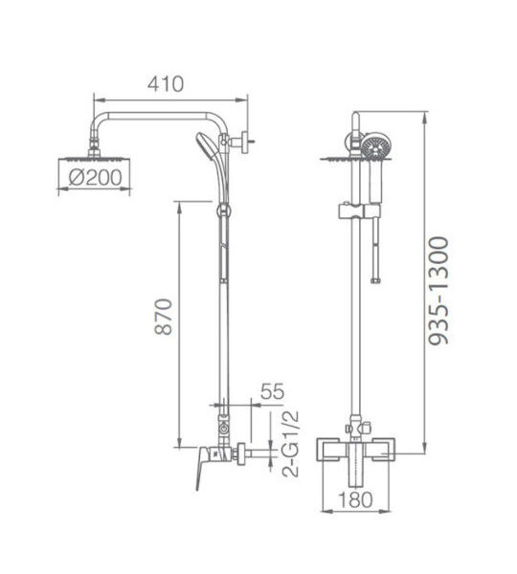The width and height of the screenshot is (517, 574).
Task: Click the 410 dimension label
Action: point(166,84)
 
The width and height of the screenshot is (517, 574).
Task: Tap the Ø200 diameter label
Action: point(96,178)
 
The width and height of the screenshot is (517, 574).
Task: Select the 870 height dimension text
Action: point(163,317)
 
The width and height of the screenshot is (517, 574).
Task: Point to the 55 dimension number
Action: point(272,391)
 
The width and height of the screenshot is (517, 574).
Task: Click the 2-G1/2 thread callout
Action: point(290,444)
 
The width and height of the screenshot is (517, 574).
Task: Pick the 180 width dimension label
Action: point(355,499)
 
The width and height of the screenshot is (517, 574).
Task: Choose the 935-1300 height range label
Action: point(438,291)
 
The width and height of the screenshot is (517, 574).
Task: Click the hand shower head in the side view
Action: point(204,145)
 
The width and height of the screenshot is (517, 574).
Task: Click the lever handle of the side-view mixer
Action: point(202,467)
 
